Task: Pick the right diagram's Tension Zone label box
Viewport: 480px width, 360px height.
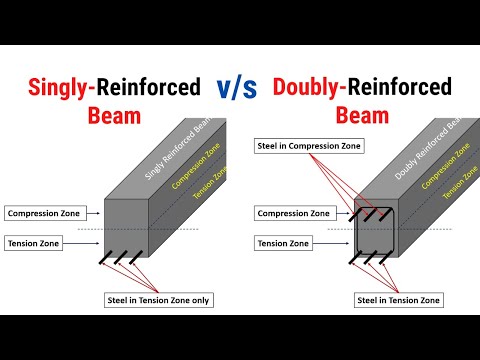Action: [281, 243]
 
